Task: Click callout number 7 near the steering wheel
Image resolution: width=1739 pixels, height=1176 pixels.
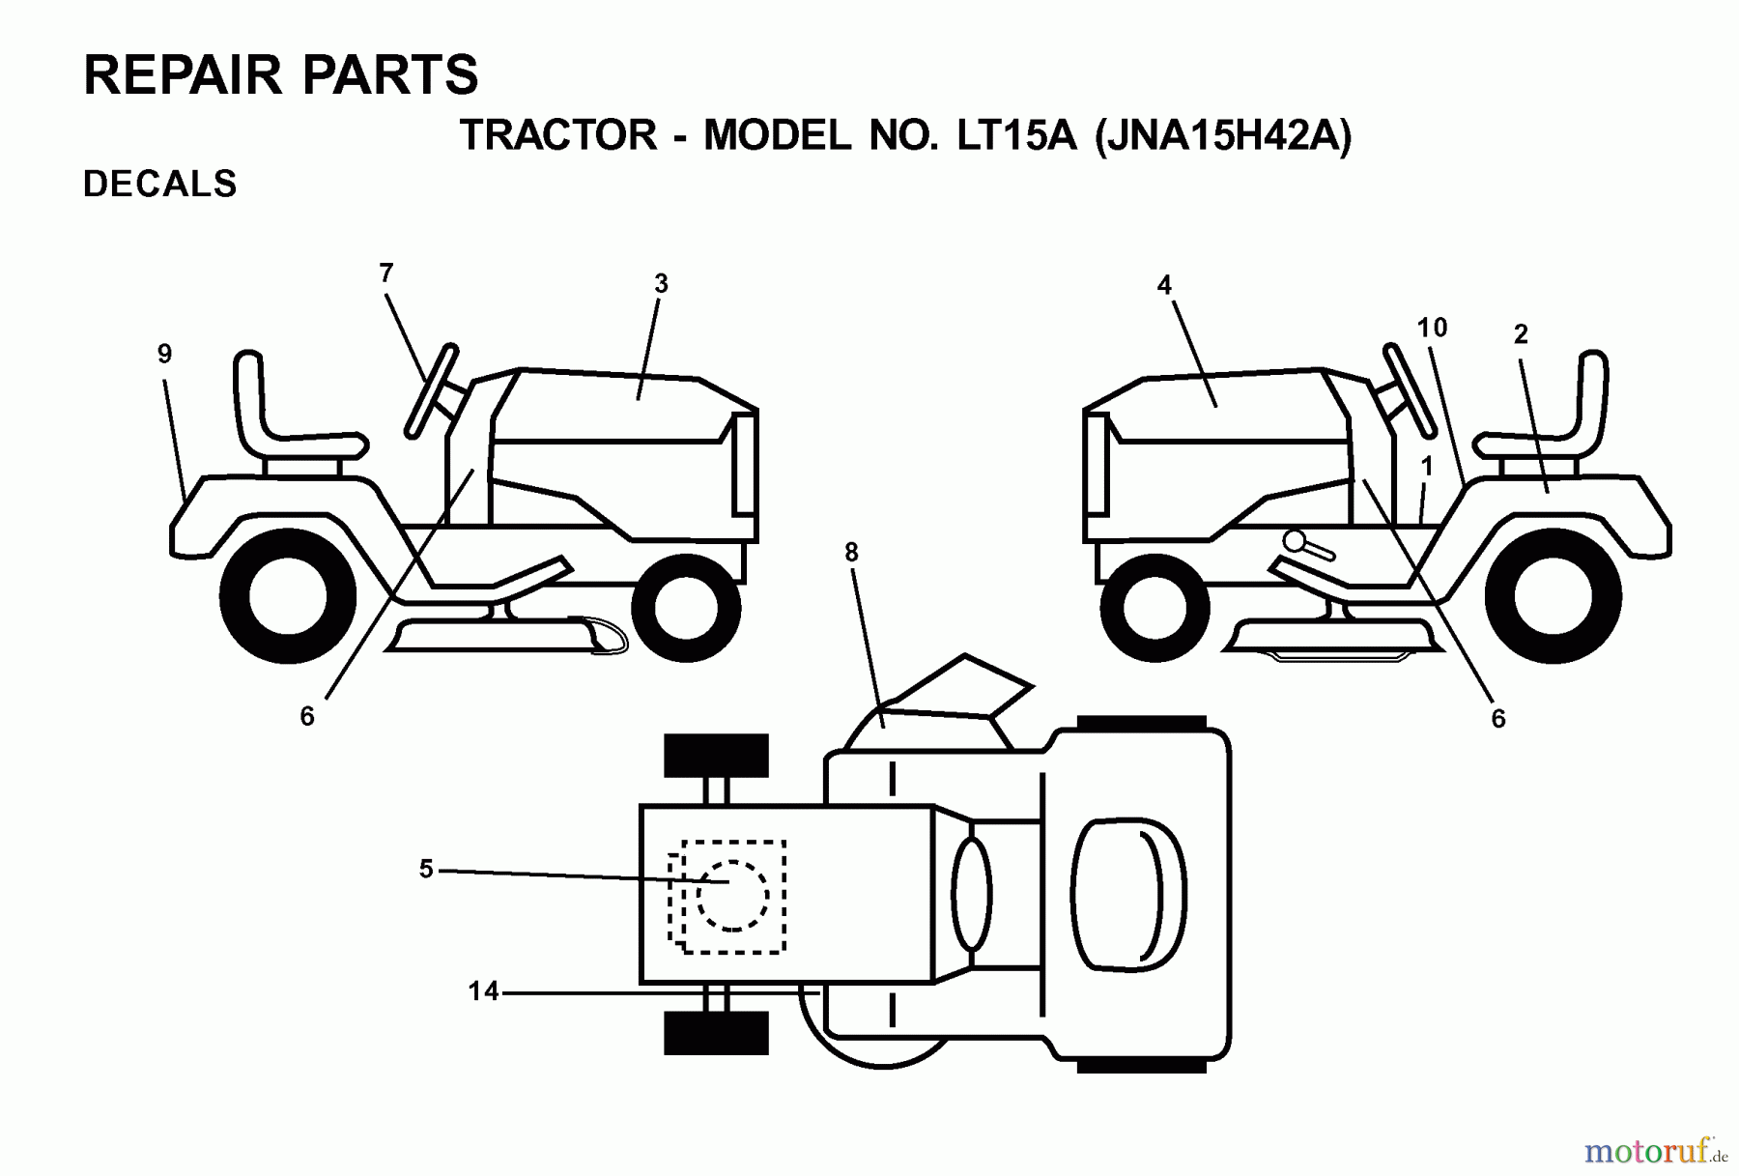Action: pos(386,273)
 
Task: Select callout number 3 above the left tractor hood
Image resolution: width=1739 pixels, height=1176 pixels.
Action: pos(661,284)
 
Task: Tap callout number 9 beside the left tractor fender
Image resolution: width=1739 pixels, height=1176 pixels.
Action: pos(165,355)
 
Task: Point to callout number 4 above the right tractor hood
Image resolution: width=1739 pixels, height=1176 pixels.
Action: pos(1164,285)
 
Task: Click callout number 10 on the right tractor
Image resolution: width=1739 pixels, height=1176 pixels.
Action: pos(1432,329)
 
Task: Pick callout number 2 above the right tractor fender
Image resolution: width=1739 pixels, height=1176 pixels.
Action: pos(1521,335)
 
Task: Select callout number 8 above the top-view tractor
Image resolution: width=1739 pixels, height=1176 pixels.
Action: pos(851,553)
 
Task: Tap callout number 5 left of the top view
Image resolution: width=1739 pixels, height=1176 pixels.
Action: pos(426,870)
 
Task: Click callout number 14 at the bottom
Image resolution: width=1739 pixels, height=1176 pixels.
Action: pos(483,991)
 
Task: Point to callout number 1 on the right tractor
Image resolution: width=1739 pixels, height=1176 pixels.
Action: pos(1427,468)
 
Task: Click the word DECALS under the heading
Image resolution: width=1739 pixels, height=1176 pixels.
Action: pos(160,184)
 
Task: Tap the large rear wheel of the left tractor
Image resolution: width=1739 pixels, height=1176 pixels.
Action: pos(288,596)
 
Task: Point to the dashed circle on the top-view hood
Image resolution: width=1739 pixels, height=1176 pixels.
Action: pos(732,895)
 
